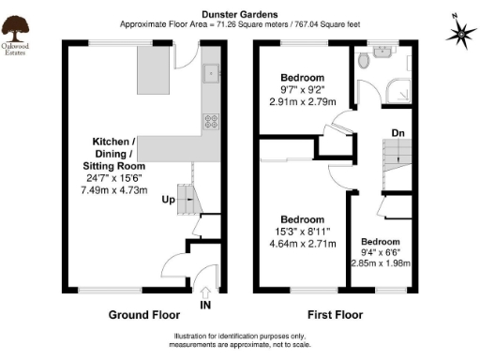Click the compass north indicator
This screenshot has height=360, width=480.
(x=459, y=33)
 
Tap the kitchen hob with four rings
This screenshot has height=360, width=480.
(x=211, y=120)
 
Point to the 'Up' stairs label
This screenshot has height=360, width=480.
(x=168, y=201)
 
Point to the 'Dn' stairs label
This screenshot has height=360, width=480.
(x=397, y=132)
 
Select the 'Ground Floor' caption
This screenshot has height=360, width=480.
(x=140, y=313)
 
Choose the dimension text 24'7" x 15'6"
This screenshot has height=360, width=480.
(x=113, y=175)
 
